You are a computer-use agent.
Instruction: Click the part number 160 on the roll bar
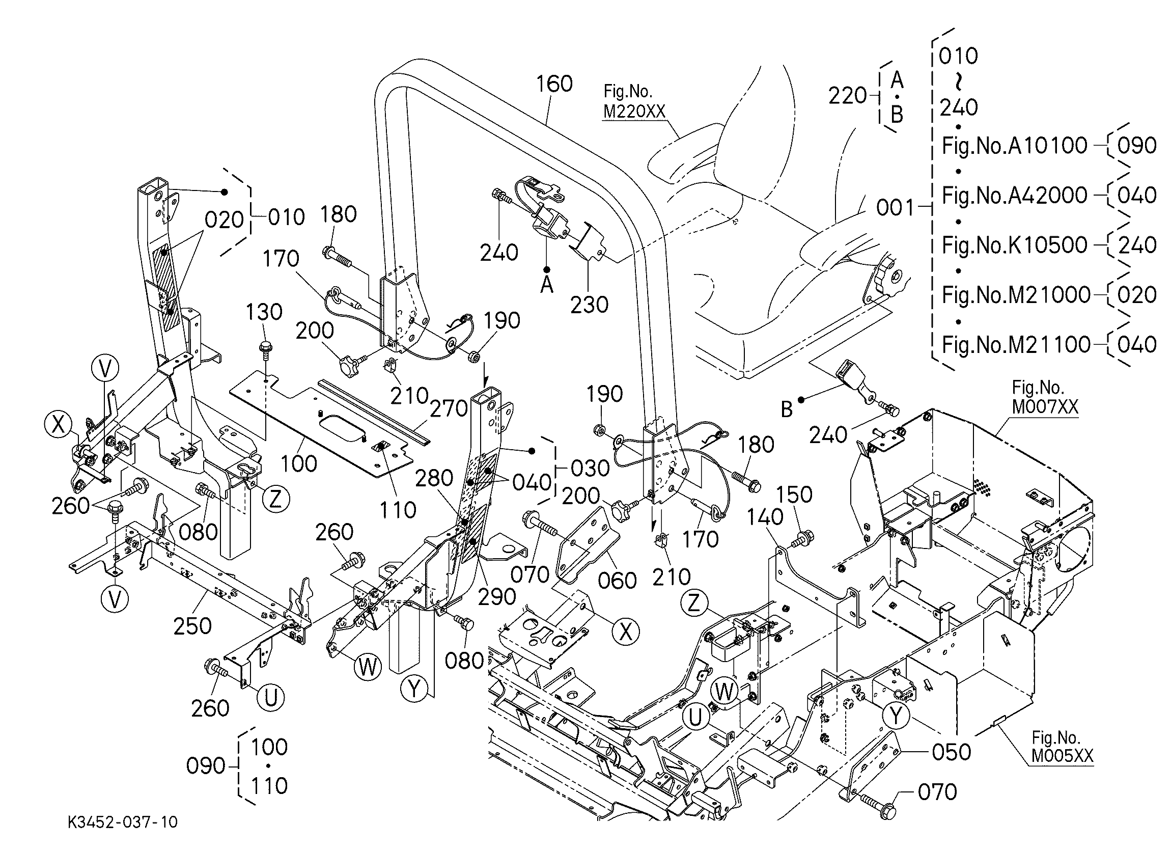pyautogui.click(x=554, y=84)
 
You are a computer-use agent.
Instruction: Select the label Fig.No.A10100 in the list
pyautogui.click(x=1015, y=146)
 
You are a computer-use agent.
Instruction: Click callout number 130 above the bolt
pyautogui.click(x=264, y=312)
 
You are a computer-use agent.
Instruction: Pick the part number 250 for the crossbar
pyautogui.click(x=192, y=626)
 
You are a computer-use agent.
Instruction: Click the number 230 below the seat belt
pyautogui.click(x=590, y=305)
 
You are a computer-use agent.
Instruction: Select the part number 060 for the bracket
pyautogui.click(x=618, y=581)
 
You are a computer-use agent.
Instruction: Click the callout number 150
pyautogui.click(x=795, y=495)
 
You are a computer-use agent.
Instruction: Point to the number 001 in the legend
pyautogui.click(x=895, y=208)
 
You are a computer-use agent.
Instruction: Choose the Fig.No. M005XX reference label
pyautogui.click(x=1063, y=747)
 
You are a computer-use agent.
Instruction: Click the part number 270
pyautogui.click(x=449, y=409)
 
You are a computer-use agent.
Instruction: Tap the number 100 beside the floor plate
pyautogui.click(x=299, y=464)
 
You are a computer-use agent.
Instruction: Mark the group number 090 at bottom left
pyautogui.click(x=206, y=766)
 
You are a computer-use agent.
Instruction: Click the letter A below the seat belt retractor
pyautogui.click(x=546, y=285)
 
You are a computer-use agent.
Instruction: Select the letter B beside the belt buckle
pyautogui.click(x=786, y=409)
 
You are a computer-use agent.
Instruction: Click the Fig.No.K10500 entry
pyautogui.click(x=1015, y=245)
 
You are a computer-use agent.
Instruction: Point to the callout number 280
pyautogui.click(x=434, y=478)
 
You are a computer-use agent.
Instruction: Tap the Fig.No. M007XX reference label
pyautogui.click(x=1045, y=398)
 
